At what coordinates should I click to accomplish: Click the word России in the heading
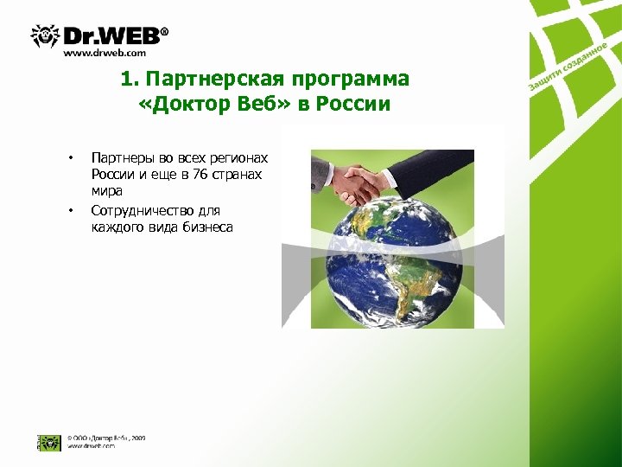pyautogui.click(x=357, y=105)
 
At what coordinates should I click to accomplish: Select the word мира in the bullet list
pyautogui.click(x=106, y=190)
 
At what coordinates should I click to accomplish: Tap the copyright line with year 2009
pyautogui.click(x=107, y=438)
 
